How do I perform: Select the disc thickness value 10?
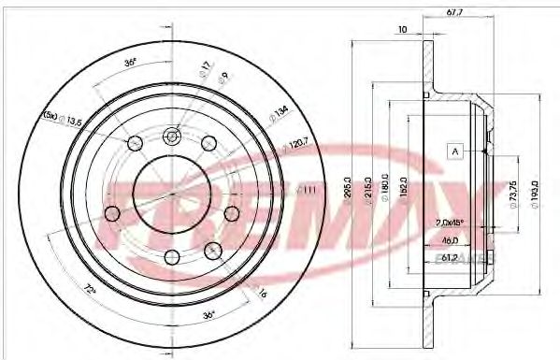402,30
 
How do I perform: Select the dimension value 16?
262,294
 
